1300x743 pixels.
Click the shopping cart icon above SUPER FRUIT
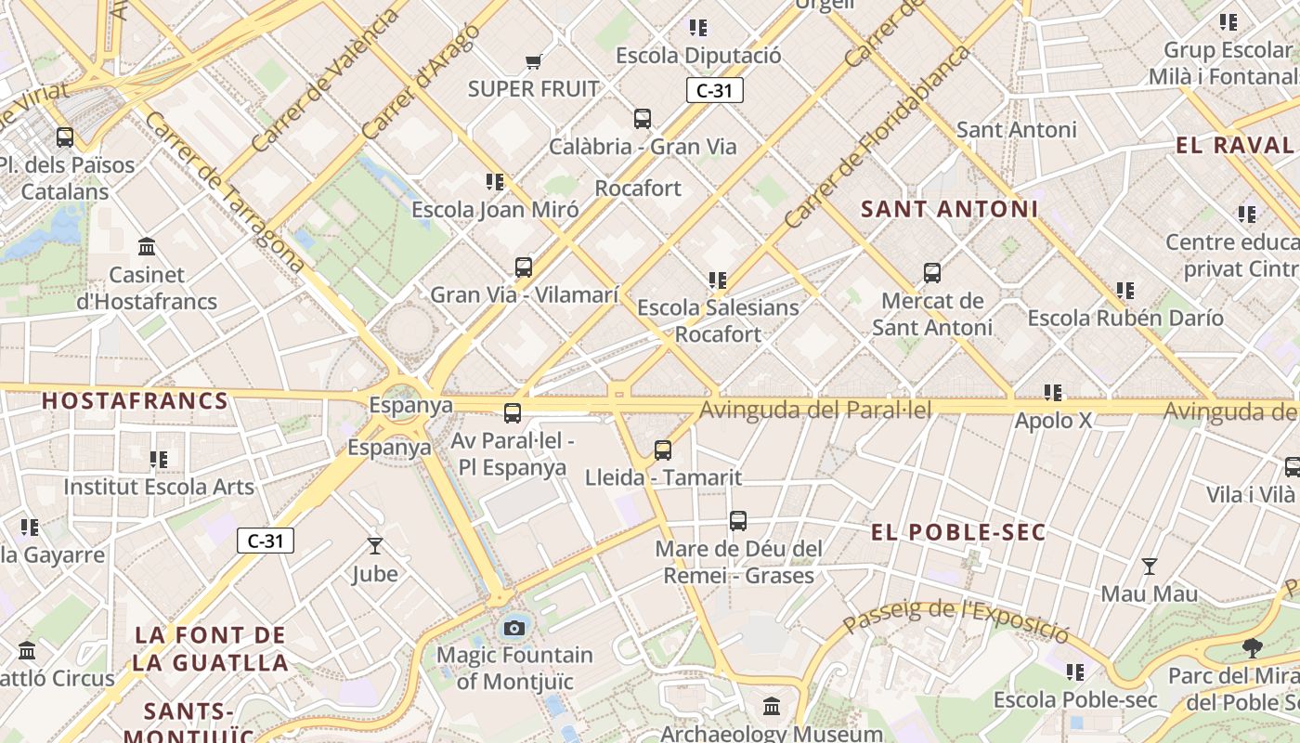(533, 62)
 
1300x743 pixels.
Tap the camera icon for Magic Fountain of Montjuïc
(514, 629)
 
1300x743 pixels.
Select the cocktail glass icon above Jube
(375, 546)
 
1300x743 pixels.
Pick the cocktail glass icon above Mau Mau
(1150, 567)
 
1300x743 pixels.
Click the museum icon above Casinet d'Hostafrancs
(147, 247)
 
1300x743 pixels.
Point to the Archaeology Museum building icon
(772, 707)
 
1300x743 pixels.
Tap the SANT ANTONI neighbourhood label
(949, 209)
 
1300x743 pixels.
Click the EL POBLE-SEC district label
(958, 532)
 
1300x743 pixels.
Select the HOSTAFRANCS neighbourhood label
(136, 401)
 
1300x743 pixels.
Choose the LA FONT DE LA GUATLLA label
(211, 649)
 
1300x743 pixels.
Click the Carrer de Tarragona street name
(225, 193)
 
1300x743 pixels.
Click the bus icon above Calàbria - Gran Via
(643, 119)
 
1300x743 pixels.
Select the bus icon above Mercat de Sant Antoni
(932, 273)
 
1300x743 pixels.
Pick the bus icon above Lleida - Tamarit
(663, 450)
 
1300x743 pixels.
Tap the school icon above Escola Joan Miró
(495, 182)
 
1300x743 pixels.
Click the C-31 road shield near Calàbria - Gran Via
(714, 90)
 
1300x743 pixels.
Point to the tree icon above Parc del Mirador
(1253, 648)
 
